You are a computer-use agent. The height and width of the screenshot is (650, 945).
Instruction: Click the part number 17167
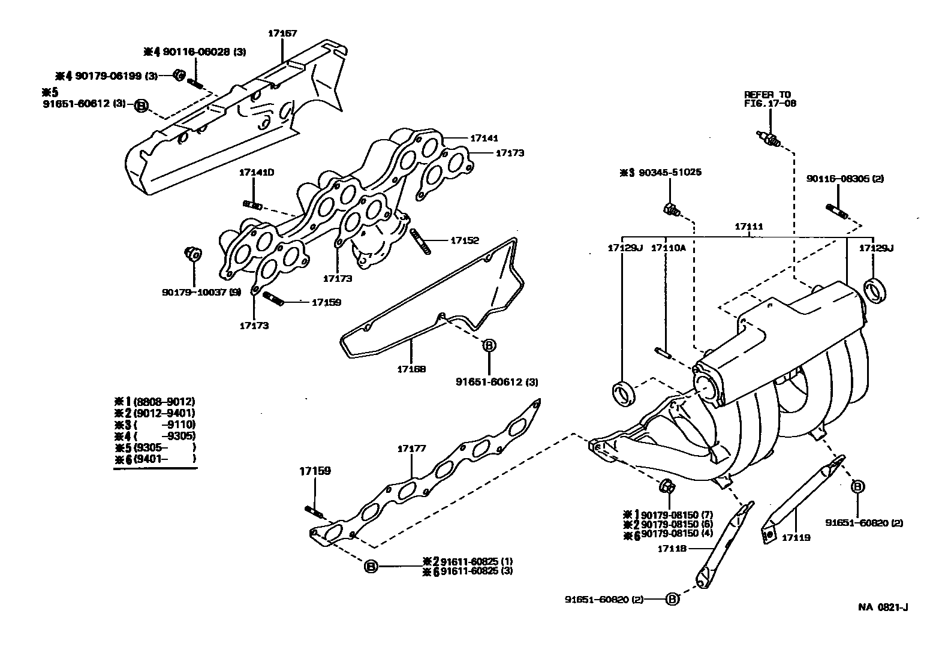click(282, 34)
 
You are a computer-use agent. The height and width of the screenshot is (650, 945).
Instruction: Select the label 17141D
click(256, 173)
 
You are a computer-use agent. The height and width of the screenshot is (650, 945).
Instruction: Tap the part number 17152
click(465, 240)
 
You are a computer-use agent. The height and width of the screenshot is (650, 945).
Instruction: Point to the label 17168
click(411, 369)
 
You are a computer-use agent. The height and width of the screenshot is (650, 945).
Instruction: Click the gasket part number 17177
click(411, 449)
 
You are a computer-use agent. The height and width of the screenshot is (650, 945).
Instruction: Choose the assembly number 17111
click(749, 227)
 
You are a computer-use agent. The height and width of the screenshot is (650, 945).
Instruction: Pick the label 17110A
click(668, 248)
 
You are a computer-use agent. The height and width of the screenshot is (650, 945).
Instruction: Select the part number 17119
click(796, 538)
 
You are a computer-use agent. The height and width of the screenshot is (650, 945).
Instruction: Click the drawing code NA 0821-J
click(883, 607)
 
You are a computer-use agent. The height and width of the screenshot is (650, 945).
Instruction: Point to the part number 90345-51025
click(669, 173)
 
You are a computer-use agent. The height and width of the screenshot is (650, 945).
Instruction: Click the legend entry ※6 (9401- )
click(155, 459)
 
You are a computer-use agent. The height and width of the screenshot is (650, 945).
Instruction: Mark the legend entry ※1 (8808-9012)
click(155, 402)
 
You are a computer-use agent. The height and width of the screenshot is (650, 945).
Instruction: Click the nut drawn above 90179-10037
click(193, 255)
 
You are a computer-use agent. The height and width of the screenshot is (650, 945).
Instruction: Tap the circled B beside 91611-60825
click(371, 566)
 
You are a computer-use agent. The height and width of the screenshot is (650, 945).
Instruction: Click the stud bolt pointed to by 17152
click(420, 241)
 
